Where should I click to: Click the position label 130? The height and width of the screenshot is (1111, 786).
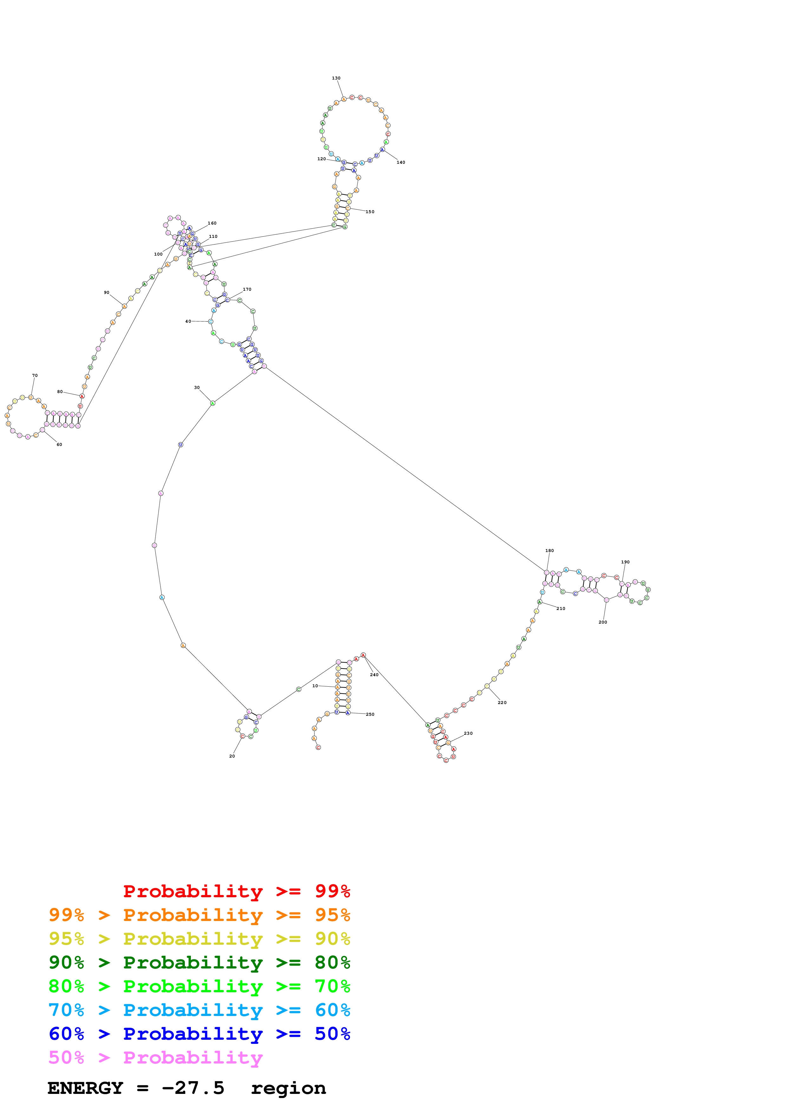pos(336,78)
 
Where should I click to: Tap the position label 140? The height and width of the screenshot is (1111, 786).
pos(401,162)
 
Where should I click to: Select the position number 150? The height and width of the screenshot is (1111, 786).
pos(370,212)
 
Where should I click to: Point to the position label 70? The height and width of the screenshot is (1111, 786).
pos(35,376)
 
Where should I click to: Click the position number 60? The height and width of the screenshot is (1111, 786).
pos(59,444)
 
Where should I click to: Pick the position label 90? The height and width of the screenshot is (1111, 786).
pos(107,292)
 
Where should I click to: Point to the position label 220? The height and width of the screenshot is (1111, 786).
pos(502,702)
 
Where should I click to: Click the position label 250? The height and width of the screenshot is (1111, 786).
pos(370,714)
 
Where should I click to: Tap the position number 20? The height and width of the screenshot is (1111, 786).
pos(232,756)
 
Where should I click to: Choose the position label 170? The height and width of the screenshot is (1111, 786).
pos(247,289)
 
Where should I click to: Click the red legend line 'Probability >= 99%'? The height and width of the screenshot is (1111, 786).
pos(236,891)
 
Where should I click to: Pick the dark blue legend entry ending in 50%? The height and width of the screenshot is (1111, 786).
pos(199,1034)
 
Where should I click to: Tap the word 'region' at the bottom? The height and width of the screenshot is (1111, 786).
pos(288,1088)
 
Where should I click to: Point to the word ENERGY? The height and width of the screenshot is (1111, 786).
pos(85,1088)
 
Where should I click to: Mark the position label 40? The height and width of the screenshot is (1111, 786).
pos(188,321)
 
